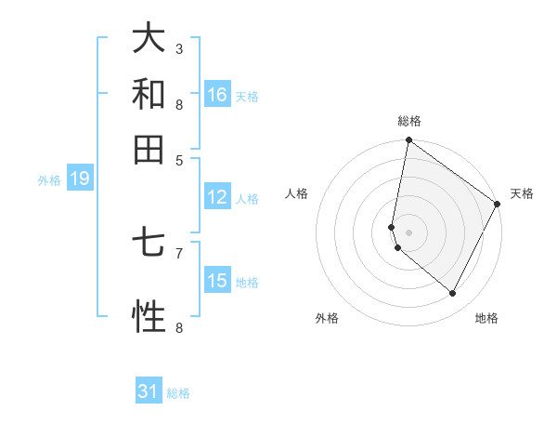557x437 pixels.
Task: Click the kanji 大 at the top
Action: pyautogui.click(x=149, y=39)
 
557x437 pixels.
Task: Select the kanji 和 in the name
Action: pyautogui.click(x=149, y=94)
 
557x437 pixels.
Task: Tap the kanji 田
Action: pyautogui.click(x=149, y=149)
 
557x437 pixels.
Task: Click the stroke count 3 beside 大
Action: pyautogui.click(x=179, y=48)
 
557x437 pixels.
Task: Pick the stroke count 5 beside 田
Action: pyautogui.click(x=179, y=159)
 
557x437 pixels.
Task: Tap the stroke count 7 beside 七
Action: pyautogui.click(x=179, y=252)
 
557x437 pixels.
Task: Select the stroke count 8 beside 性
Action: pyautogui.click(x=179, y=327)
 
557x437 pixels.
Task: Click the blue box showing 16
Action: pyautogui.click(x=217, y=95)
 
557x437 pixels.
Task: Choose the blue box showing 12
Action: pyautogui.click(x=217, y=197)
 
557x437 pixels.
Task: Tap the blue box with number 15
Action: pyautogui.click(x=217, y=281)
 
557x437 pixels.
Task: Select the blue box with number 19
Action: pyautogui.click(x=79, y=179)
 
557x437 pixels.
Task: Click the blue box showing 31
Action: pyautogui.click(x=149, y=392)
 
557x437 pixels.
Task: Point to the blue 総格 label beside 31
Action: pyautogui.click(x=178, y=393)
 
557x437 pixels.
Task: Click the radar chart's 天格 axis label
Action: pyautogui.click(x=522, y=193)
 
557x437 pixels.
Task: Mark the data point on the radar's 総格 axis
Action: pyautogui.click(x=408, y=141)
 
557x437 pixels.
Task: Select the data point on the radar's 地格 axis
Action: pyautogui.click(x=453, y=294)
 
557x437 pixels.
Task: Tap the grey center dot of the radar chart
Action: pyautogui.click(x=408, y=232)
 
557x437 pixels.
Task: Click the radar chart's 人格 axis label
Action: pyautogui.click(x=297, y=193)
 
